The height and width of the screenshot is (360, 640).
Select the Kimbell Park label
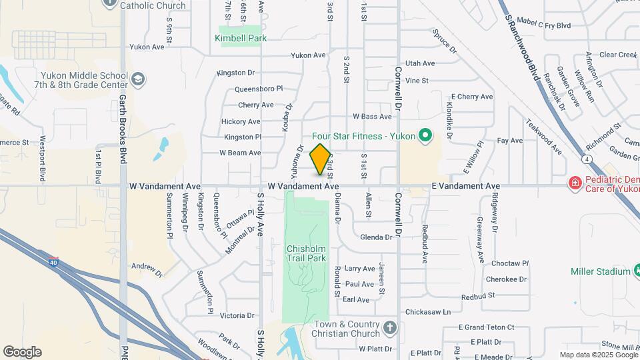click(241, 39)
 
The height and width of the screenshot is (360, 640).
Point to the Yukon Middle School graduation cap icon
click(138, 81)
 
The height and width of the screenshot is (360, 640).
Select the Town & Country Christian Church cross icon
click(389, 329)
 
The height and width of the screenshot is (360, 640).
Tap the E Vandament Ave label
click(465, 186)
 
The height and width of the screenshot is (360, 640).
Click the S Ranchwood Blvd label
click(521, 47)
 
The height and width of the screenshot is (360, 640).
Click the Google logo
click(22, 352)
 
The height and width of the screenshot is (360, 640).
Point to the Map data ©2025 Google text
click(598, 355)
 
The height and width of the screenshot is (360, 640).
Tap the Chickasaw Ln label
click(428, 312)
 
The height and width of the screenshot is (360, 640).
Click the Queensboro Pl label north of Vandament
click(259, 89)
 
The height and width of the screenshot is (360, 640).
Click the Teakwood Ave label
click(543, 137)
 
